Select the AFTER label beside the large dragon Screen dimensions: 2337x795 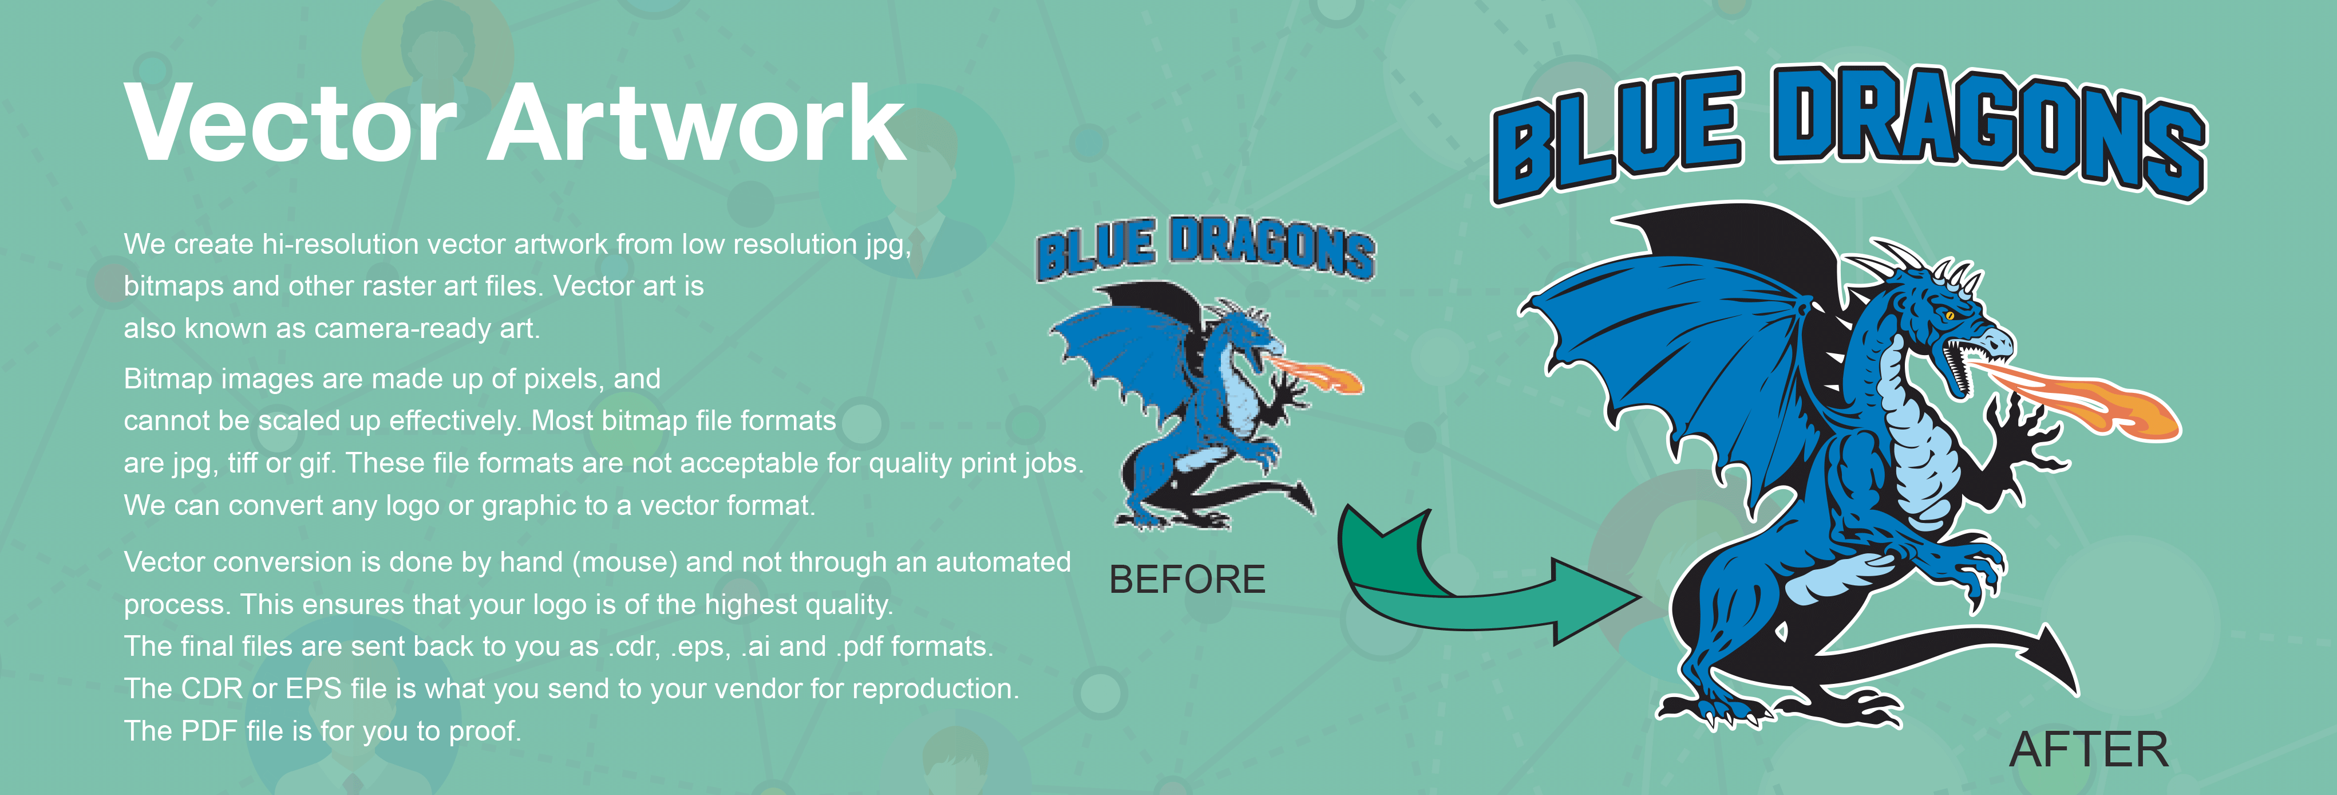[2089, 750]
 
